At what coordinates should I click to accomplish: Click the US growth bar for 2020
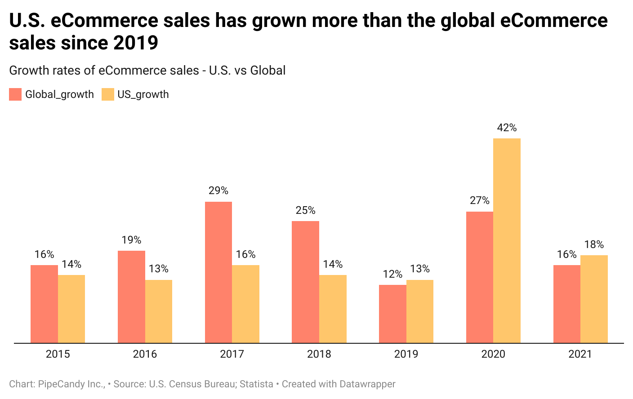coord(507,240)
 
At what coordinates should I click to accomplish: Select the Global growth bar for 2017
coord(218,272)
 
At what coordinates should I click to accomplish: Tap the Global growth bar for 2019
coord(392,314)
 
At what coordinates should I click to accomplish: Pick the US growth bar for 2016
coord(159,311)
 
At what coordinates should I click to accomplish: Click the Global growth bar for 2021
coord(566,304)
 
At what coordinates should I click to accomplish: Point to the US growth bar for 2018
coord(333,309)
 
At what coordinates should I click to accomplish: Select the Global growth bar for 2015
coord(44,304)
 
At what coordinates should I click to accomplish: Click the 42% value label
coord(507,128)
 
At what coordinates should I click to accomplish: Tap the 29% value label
coord(218,191)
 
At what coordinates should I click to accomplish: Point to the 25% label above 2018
coord(305,211)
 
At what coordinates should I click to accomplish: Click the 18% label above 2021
coord(594,245)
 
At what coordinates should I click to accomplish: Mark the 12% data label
coord(392,275)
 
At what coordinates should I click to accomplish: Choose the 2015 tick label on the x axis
coord(58,354)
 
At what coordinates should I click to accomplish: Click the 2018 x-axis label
coord(319,354)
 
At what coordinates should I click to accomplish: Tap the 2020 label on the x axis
coord(493,354)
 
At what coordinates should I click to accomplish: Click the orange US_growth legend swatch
coord(108,94)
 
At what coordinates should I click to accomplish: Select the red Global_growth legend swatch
coord(15,94)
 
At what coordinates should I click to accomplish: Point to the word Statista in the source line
coord(256,384)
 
